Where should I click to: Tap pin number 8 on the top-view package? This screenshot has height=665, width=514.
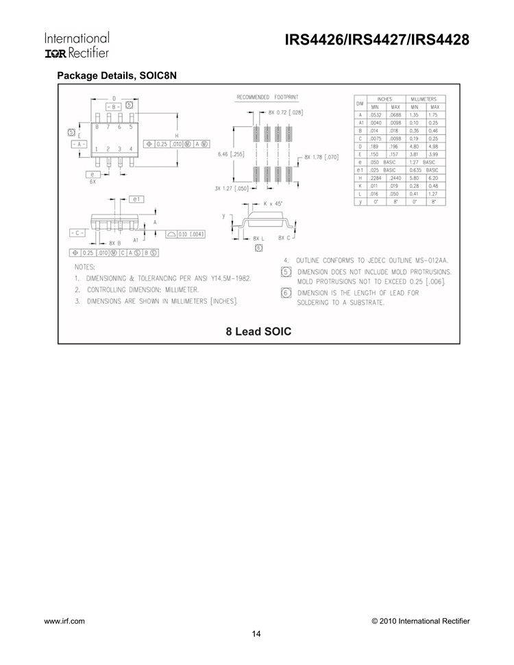click(x=97, y=127)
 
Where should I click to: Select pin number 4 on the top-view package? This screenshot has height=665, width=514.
click(x=131, y=149)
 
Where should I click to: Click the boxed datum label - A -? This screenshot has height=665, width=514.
click(x=77, y=145)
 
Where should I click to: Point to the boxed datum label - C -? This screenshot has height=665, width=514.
click(x=77, y=233)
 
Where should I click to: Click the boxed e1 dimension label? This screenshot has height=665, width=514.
click(x=135, y=199)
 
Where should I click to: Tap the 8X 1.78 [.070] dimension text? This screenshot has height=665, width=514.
click(x=321, y=157)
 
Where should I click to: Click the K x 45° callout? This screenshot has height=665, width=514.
click(x=277, y=204)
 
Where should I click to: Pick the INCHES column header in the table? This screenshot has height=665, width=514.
click(x=385, y=99)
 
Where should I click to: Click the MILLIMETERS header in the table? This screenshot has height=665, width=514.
click(x=424, y=99)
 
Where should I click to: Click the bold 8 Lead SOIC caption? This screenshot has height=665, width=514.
click(x=258, y=332)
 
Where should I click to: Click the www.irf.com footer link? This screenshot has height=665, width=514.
click(x=64, y=620)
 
